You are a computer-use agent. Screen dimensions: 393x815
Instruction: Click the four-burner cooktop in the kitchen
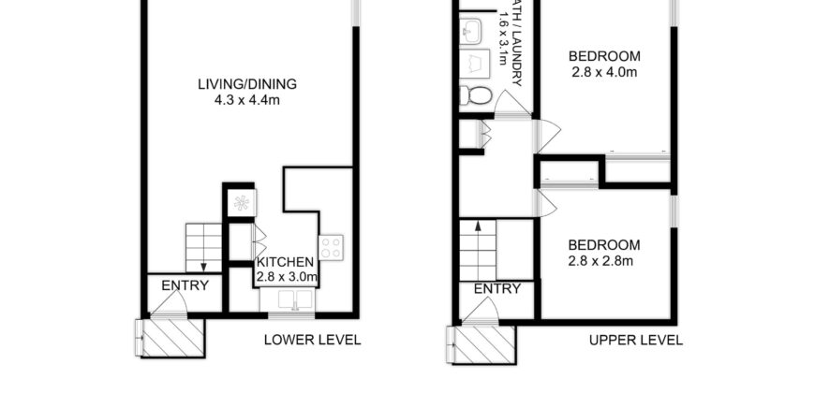point(331,247)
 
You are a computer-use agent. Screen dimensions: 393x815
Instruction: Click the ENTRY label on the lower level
point(185,285)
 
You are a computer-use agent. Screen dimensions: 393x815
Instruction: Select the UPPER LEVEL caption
point(636,340)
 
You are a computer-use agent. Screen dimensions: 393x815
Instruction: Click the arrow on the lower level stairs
point(203,264)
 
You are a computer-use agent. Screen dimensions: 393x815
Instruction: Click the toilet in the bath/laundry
point(479,95)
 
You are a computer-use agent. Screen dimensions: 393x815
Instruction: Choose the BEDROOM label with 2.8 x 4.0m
point(603,55)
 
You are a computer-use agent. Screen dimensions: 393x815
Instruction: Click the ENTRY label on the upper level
point(496,288)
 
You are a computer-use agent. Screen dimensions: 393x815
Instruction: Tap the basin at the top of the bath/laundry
point(471,30)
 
